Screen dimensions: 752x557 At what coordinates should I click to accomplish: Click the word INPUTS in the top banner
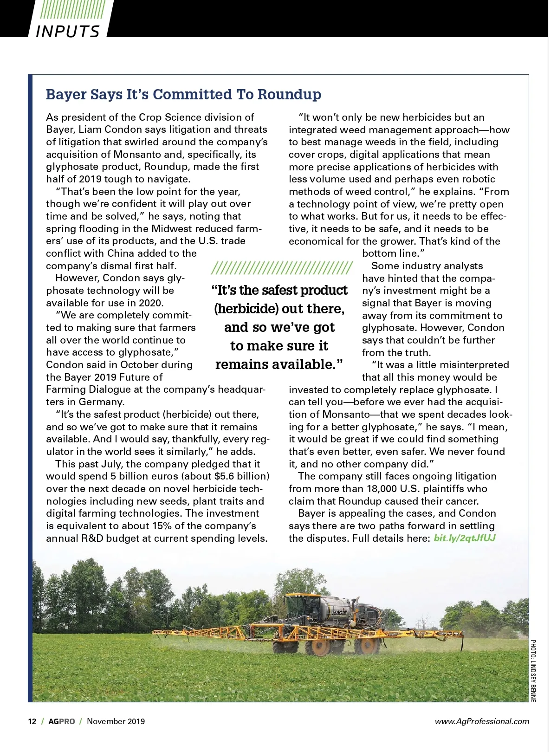68,31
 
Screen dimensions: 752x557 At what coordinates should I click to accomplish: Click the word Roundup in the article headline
289,94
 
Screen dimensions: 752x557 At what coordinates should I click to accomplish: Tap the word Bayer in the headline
66,94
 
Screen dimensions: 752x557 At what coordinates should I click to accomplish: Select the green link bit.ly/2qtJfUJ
465,538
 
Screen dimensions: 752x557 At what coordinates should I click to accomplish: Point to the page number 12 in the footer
32,721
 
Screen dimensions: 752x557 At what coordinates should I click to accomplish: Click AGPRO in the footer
62,721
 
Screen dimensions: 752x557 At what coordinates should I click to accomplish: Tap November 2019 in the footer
116,721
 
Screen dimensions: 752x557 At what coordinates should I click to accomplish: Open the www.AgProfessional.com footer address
482,721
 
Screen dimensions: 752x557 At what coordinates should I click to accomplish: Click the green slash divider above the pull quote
282,268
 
